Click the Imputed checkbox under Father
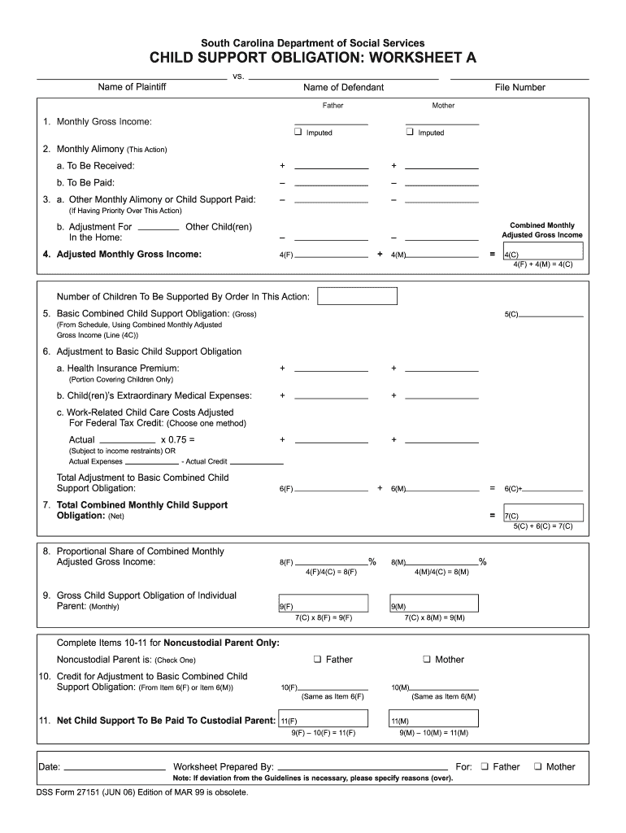click(298, 132)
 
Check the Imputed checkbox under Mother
click(411, 132)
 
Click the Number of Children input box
click(357, 295)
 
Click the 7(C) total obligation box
click(542, 513)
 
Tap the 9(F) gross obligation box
click(323, 605)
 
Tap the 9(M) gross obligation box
click(433, 605)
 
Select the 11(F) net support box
click(323, 719)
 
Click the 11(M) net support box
click(433, 719)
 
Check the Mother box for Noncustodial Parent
click(427, 659)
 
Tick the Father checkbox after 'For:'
click(484, 766)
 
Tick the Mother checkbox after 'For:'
click(537, 766)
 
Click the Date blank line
click(115, 769)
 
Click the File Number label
click(519, 88)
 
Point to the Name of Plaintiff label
click(132, 87)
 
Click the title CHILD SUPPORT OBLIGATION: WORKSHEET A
click(313, 59)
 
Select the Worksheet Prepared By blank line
click(362, 769)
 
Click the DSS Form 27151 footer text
click(142, 792)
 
